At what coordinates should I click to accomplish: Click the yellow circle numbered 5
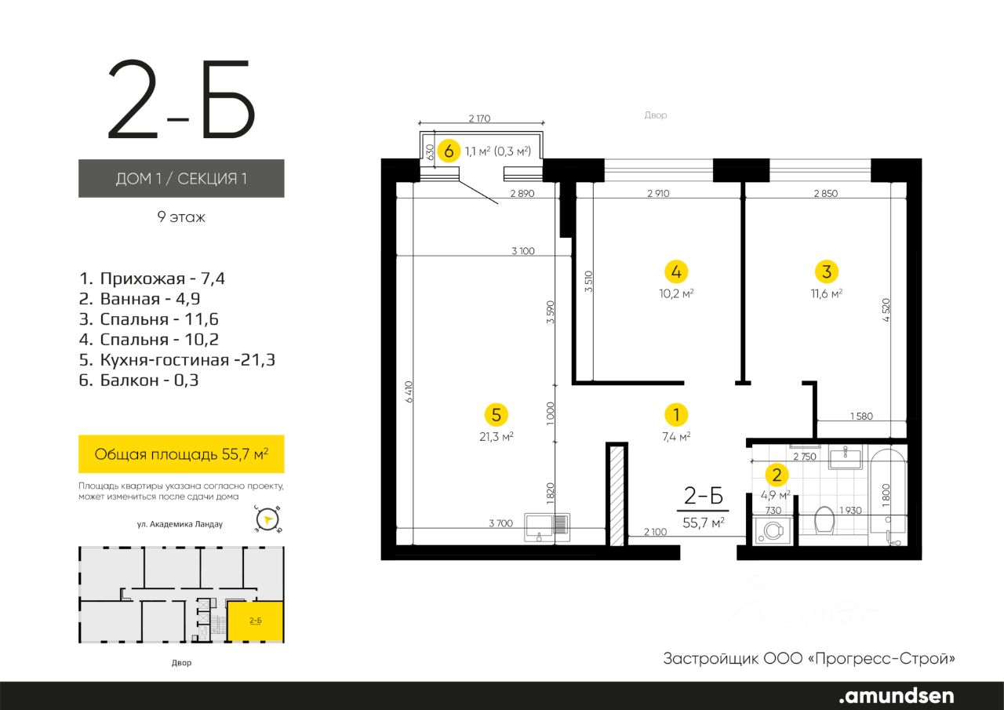coord(497,414)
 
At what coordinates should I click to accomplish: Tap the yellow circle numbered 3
coord(827,271)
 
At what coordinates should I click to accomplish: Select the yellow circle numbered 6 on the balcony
coord(449,151)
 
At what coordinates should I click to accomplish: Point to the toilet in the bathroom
coord(824,519)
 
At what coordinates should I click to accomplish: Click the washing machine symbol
coord(771,531)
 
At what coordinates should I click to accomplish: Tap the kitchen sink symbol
coord(547,527)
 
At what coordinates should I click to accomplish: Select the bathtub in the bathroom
coord(887,497)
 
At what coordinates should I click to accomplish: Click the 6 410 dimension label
coord(409,391)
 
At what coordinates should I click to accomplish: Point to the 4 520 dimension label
coord(886,310)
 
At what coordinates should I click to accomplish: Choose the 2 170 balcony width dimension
coord(479,118)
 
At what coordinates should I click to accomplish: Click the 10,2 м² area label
coord(676,293)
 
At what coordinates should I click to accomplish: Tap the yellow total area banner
coord(181,453)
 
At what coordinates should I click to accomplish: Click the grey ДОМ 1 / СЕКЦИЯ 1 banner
coord(181,178)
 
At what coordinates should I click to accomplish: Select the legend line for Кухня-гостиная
coord(177,359)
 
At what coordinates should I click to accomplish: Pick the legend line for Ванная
coord(140,299)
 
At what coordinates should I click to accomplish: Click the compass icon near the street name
coord(267,519)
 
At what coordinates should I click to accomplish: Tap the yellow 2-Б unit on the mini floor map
coord(255,621)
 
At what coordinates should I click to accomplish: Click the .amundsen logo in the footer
coord(896,695)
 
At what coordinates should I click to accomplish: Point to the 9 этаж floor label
coord(181,217)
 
